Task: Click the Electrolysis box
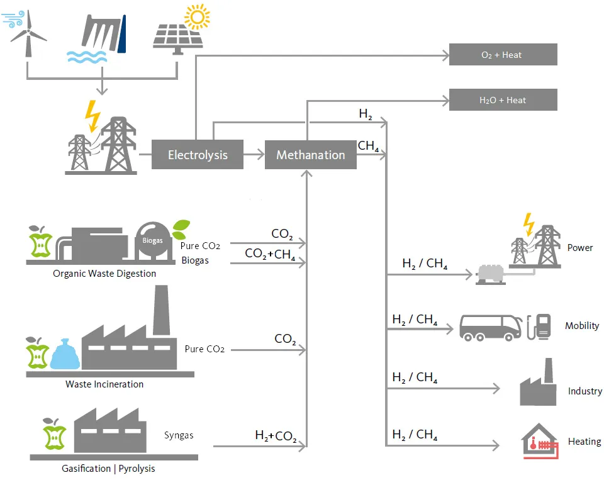coord(197,155)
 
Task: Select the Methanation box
coord(310,155)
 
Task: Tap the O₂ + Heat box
coord(502,55)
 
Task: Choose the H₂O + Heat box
coord(502,100)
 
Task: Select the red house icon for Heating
coord(539,440)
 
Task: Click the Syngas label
coord(179,435)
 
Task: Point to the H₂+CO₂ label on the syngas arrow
coord(276,435)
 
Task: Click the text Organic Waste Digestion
coord(104,274)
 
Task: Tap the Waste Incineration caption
coord(104,384)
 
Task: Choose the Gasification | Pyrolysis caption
coord(108,468)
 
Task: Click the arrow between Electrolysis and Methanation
coord(254,155)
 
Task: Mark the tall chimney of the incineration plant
coord(161,308)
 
